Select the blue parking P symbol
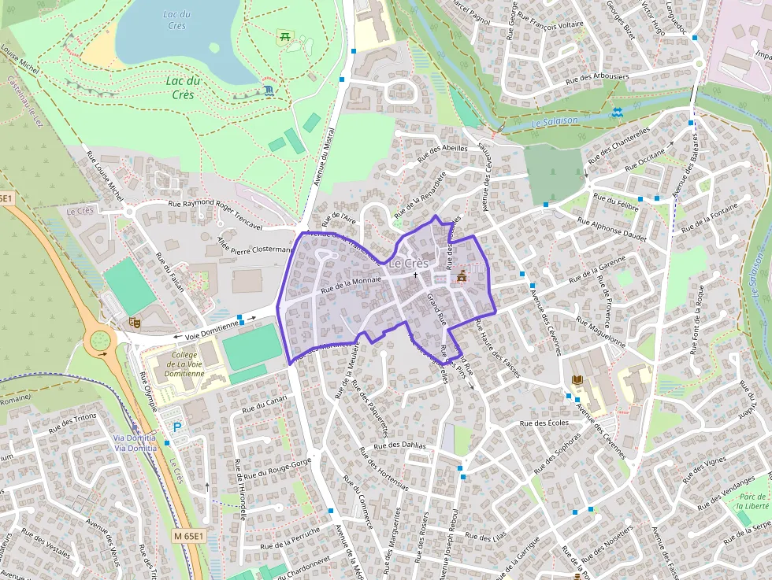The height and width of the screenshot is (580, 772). coord(177,427)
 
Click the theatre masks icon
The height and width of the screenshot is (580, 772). coord(135,321)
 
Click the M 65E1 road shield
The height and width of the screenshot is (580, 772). coord(188,536)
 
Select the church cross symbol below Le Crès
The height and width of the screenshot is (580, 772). coord(415,275)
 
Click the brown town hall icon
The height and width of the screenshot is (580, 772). coord(462,276)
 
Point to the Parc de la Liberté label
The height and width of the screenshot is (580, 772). coord(754,501)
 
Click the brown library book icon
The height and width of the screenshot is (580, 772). coord(577,381)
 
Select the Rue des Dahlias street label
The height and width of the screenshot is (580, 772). coord(400,445)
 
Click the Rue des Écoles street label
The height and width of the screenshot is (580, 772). coord(544,423)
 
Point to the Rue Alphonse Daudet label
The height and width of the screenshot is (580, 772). coord(611,229)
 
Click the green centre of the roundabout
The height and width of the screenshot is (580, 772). coord(100,340)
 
